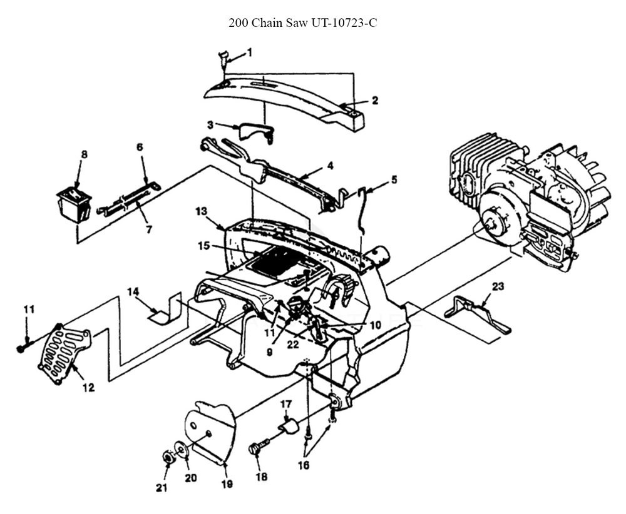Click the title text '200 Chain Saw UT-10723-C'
[303, 24]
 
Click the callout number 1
[250, 53]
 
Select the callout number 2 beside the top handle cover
[374, 100]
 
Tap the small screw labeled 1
[222, 59]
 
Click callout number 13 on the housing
[201, 213]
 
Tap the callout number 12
[88, 388]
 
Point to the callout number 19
[227, 483]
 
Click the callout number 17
[286, 403]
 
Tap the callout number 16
[303, 465]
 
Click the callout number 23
[497, 287]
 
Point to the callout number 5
[393, 179]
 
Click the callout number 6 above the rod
[140, 147]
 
